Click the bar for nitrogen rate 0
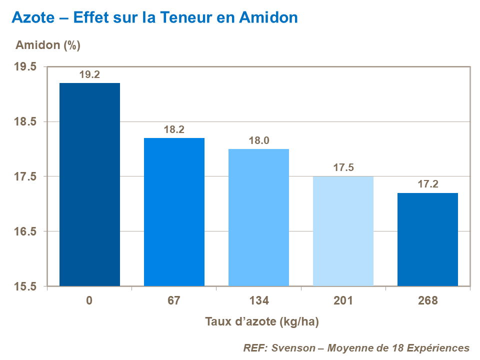coord(89,184)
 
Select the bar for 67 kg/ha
coord(174,212)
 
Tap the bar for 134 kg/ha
coord(258,217)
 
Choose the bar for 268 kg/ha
coord(427,239)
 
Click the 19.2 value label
coord(89,74)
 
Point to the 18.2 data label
coord(174,129)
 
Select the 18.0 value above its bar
coord(258,140)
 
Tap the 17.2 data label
coord(427,184)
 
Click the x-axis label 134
coord(258,301)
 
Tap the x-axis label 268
coord(427,301)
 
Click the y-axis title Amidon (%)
coord(48,45)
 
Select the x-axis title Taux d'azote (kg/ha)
coord(262,321)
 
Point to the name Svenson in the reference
coord(291,347)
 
